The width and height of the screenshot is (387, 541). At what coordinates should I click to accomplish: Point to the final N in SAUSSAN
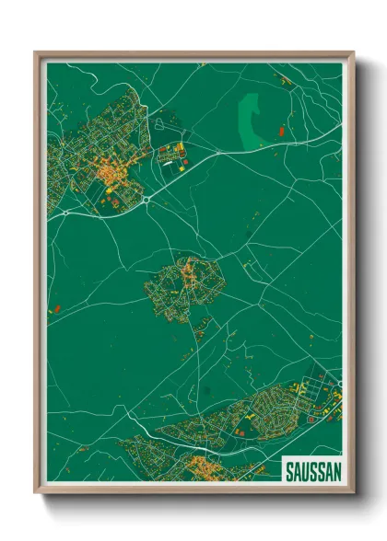(x=337, y=472)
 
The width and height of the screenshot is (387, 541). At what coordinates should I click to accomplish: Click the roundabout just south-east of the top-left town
(x=146, y=198)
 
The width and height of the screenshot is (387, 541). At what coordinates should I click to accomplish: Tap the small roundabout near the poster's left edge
(x=65, y=213)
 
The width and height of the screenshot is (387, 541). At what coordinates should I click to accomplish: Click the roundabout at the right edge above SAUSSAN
(x=339, y=384)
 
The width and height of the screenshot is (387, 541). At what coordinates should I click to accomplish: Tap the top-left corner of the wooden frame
(x=38, y=54)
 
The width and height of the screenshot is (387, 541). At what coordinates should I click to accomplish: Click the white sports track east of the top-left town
(x=170, y=157)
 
